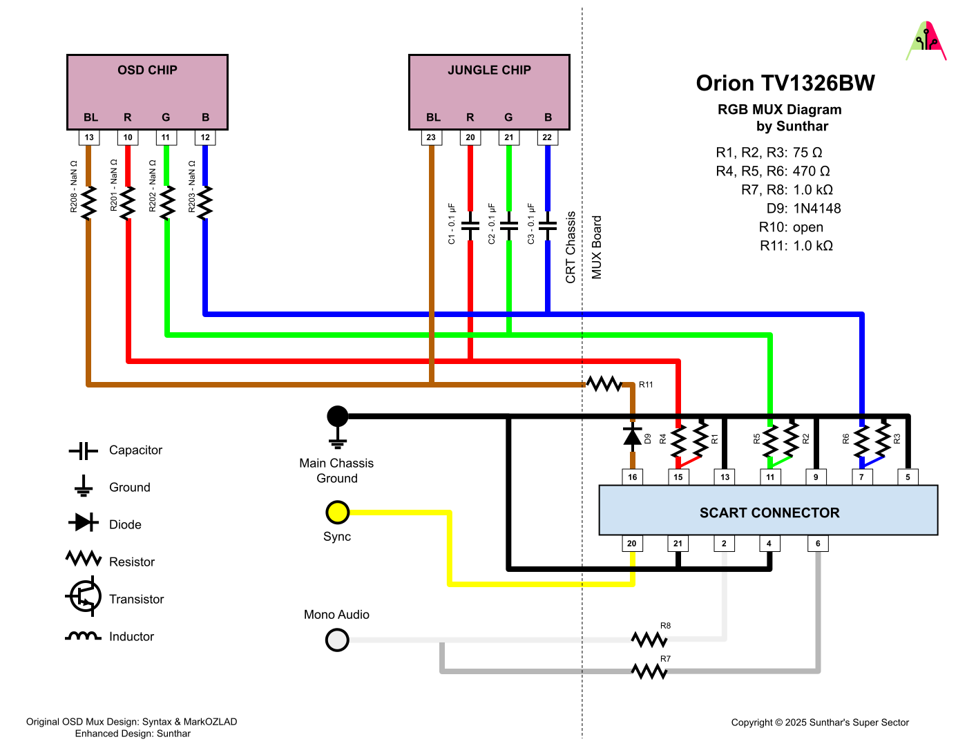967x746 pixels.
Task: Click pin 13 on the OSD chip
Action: (x=89, y=137)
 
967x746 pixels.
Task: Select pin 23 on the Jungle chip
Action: (x=431, y=137)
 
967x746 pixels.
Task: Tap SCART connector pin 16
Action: (x=632, y=477)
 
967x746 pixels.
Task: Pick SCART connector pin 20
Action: (x=631, y=544)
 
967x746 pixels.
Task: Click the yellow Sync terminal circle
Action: (x=337, y=513)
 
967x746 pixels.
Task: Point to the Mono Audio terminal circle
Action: (x=337, y=640)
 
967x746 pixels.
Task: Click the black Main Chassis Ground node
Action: (x=337, y=417)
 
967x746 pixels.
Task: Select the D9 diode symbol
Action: (x=632, y=436)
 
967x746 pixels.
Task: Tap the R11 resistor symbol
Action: (x=604, y=384)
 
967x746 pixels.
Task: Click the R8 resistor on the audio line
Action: (x=649, y=640)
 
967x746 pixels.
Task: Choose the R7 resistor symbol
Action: (x=649, y=671)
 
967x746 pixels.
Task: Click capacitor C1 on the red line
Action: (x=470, y=226)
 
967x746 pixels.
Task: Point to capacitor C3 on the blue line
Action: (x=548, y=226)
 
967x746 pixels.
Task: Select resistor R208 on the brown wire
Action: (x=88, y=203)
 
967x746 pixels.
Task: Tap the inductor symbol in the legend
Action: (x=83, y=636)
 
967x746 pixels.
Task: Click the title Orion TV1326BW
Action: (x=785, y=84)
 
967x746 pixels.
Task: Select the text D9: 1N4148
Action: (x=803, y=209)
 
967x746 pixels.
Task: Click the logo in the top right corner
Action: (x=926, y=41)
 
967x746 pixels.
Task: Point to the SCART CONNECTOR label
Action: (x=769, y=513)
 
